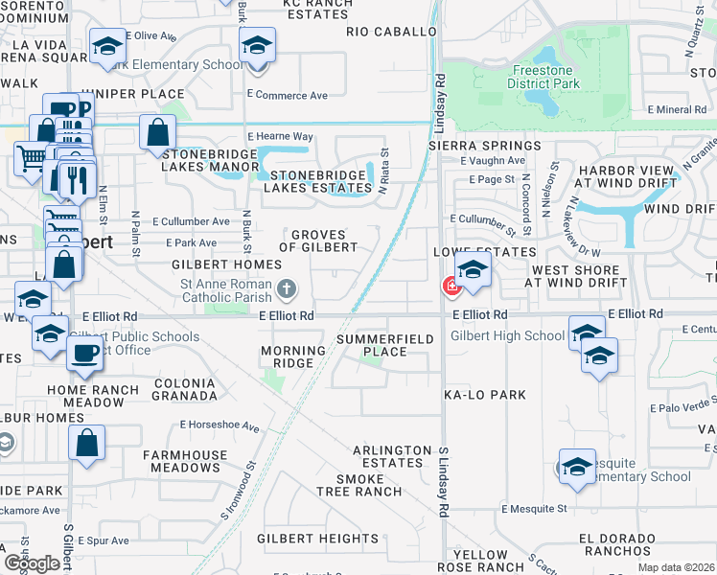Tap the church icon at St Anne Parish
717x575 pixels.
(x=286, y=288)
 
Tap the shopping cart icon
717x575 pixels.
(x=32, y=155)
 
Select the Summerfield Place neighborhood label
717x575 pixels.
(x=384, y=345)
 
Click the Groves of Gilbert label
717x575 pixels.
(x=324, y=241)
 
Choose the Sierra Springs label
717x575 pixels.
(x=485, y=145)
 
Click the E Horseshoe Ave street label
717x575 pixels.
(x=220, y=425)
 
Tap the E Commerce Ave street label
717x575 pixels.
(x=287, y=96)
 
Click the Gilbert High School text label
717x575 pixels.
(x=508, y=336)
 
